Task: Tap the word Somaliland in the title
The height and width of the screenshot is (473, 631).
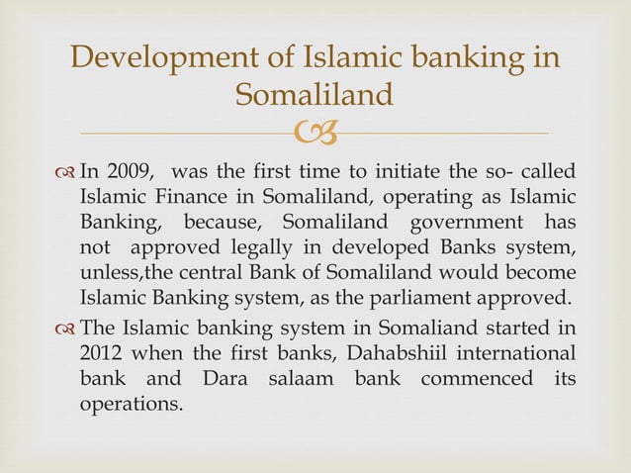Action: tap(315, 96)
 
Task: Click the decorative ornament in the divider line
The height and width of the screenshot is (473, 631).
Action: tap(315, 132)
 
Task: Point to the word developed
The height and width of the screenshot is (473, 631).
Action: tap(372, 244)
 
